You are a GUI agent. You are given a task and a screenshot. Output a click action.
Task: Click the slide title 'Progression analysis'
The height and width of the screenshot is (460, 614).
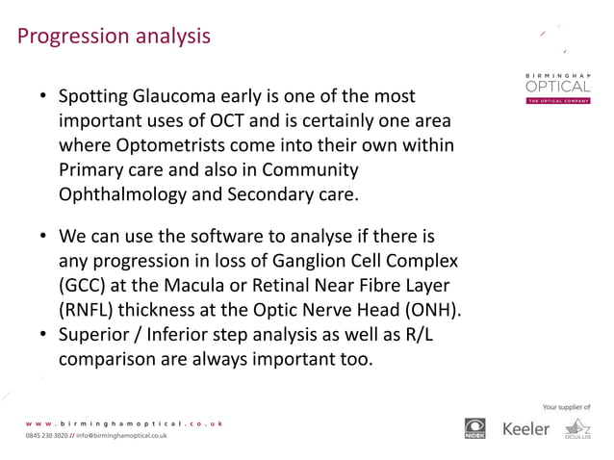tap(115, 37)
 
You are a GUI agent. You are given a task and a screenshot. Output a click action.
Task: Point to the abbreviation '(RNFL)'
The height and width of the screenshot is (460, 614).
tap(91, 309)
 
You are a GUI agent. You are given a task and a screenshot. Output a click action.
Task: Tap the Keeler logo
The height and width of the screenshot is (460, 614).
tap(526, 427)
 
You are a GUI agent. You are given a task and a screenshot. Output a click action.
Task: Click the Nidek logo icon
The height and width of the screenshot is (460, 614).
tap(476, 428)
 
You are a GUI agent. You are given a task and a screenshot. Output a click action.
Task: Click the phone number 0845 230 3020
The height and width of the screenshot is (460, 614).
tap(45, 436)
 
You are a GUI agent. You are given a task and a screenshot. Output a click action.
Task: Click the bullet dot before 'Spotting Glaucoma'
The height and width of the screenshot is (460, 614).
tap(43, 98)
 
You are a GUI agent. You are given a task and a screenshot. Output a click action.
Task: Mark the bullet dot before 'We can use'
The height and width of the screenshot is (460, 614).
tap(43, 237)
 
